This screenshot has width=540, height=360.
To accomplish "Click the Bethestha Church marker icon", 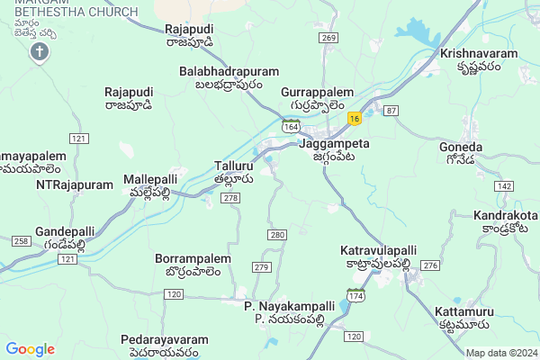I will (x=39, y=51).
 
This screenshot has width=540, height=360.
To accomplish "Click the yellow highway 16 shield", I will (x=356, y=118).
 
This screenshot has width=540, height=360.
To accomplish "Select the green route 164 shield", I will (x=290, y=127).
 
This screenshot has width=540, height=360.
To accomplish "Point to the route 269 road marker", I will (x=328, y=38).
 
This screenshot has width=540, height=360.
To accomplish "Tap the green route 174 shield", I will (x=356, y=294).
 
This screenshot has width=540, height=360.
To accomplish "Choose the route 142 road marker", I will (x=504, y=185).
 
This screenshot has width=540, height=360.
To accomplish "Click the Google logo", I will (x=30, y=349).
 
